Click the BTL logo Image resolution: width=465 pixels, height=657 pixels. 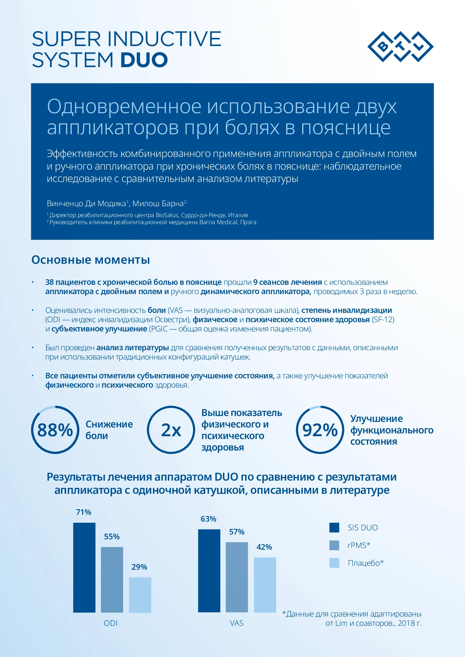pyautogui.click(x=400, y=47)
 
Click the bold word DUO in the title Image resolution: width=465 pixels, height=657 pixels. pyautogui.click(x=144, y=60)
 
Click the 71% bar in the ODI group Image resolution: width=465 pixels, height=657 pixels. pyautogui.click(x=84, y=567)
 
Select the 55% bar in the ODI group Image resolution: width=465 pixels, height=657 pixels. pyautogui.click(x=112, y=580)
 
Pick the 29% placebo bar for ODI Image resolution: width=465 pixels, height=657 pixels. pyautogui.click(x=140, y=595)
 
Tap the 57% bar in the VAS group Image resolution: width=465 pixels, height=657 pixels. pyautogui.click(x=237, y=577)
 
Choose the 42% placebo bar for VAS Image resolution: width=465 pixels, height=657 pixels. pyautogui.click(x=265, y=585)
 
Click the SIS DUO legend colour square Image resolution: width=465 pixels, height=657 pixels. pyautogui.click(x=334, y=528)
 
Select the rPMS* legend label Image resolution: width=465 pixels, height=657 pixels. pyautogui.click(x=359, y=545)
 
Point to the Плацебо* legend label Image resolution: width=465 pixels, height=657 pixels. pyautogui.click(x=366, y=563)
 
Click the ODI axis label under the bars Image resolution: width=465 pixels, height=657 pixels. pyautogui.click(x=111, y=623)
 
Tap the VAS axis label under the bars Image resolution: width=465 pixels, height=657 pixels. pyautogui.click(x=237, y=623)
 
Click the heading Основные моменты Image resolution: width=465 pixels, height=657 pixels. pyautogui.click(x=91, y=260)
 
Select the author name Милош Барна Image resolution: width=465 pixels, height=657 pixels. pyautogui.click(x=158, y=203)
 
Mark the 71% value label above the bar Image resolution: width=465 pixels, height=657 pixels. pyautogui.click(x=83, y=512)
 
